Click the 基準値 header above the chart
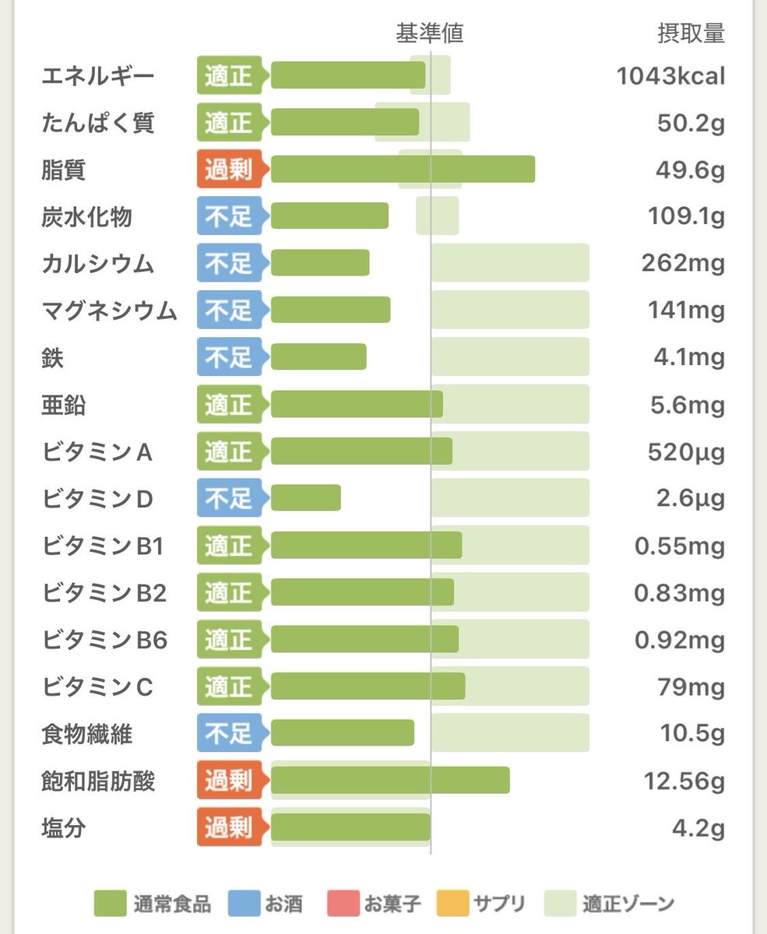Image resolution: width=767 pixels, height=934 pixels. pyautogui.click(x=430, y=33)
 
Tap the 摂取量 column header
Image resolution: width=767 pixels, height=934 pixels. pyautogui.click(x=691, y=33)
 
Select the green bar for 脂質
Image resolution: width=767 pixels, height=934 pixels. pyautogui.click(x=403, y=170)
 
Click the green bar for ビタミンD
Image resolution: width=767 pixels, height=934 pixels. pyautogui.click(x=306, y=498)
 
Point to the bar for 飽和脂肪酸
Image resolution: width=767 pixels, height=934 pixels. pyautogui.click(x=390, y=781)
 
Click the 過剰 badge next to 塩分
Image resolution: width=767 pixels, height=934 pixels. pyautogui.click(x=229, y=827)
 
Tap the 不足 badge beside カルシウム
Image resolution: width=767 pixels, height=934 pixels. pyautogui.click(x=229, y=264)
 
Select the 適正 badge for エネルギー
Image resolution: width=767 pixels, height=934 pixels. pyautogui.click(x=229, y=75)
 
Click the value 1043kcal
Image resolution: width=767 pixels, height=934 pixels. pyautogui.click(x=670, y=75)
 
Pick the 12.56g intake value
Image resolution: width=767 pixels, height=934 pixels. pyautogui.click(x=684, y=781)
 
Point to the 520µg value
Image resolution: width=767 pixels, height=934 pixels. pyautogui.click(x=686, y=451)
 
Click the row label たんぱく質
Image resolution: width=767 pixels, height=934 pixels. pyautogui.click(x=98, y=123)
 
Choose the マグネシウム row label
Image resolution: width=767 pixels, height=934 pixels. pyautogui.click(x=109, y=311)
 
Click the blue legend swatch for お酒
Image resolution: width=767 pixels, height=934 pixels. pyautogui.click(x=244, y=904)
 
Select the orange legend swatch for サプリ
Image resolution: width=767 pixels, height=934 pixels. pyautogui.click(x=454, y=904)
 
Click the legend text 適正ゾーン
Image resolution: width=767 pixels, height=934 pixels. pyautogui.click(x=628, y=904)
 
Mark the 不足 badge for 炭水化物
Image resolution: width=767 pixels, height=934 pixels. pyautogui.click(x=229, y=216)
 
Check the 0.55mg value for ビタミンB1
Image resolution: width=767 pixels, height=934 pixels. pyautogui.click(x=679, y=546)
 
